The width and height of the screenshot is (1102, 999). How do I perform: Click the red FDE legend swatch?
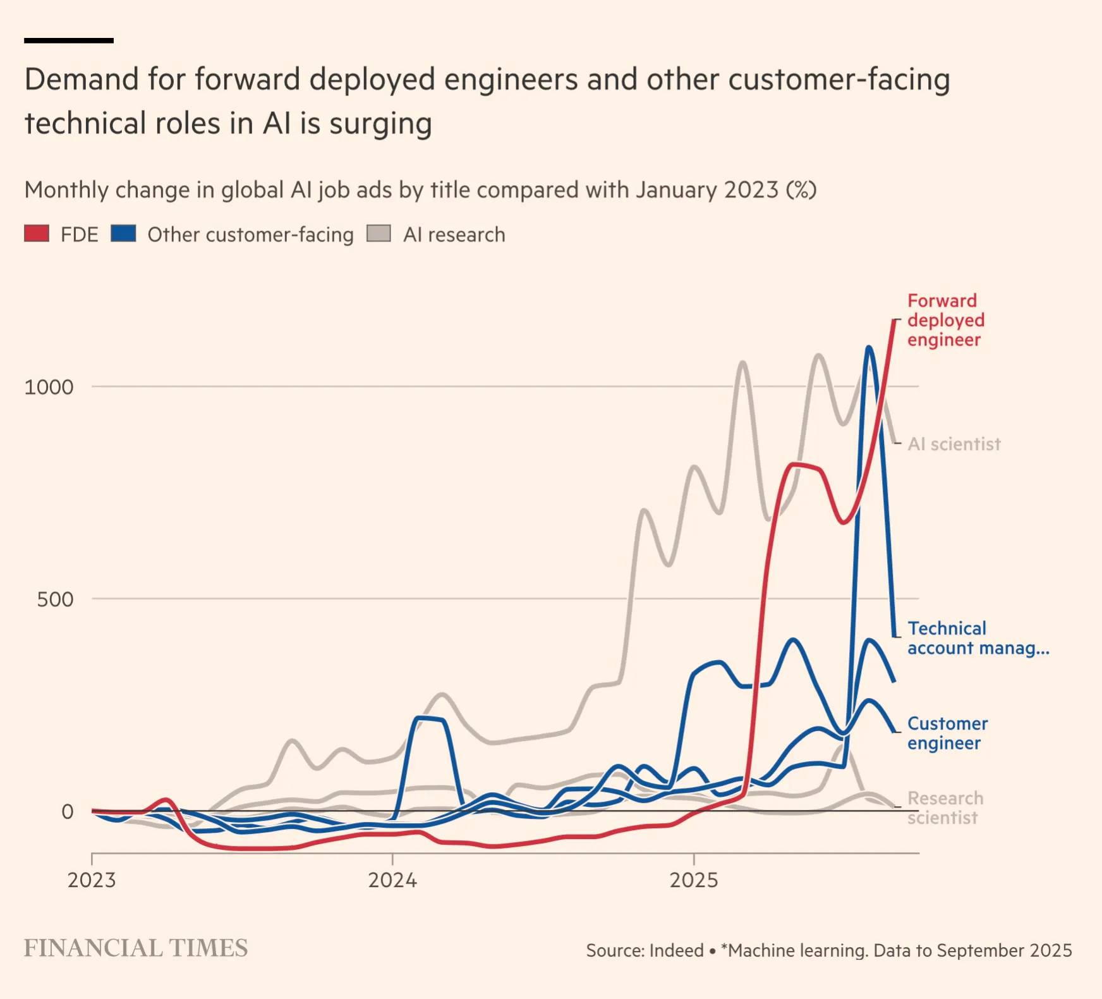click(37, 234)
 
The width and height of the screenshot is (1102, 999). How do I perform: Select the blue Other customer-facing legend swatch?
click(123, 234)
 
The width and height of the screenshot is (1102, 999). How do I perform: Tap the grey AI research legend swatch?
click(378, 234)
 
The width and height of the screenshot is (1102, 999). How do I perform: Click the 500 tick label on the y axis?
click(56, 599)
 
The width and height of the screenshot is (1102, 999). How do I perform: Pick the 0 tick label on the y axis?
click(68, 812)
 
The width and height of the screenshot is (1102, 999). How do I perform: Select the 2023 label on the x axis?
click(92, 880)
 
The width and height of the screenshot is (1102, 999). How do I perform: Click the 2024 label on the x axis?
click(392, 880)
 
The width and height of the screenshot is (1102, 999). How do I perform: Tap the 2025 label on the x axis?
click(694, 880)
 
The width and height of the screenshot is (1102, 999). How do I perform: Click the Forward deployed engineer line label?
click(945, 320)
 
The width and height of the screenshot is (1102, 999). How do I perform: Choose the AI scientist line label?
click(954, 444)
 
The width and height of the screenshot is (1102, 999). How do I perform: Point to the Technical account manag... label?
click(978, 638)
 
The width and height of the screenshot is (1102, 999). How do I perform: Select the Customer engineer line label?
click(947, 733)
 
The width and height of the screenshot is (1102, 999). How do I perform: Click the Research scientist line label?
click(945, 807)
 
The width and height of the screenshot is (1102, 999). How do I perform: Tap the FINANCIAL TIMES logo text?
click(136, 948)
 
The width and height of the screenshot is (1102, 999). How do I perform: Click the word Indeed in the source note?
click(676, 951)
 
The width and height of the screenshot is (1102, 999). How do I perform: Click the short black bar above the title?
click(69, 40)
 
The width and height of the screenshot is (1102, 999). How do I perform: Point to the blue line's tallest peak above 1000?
click(869, 347)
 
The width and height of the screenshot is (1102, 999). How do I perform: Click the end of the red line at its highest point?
click(894, 321)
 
